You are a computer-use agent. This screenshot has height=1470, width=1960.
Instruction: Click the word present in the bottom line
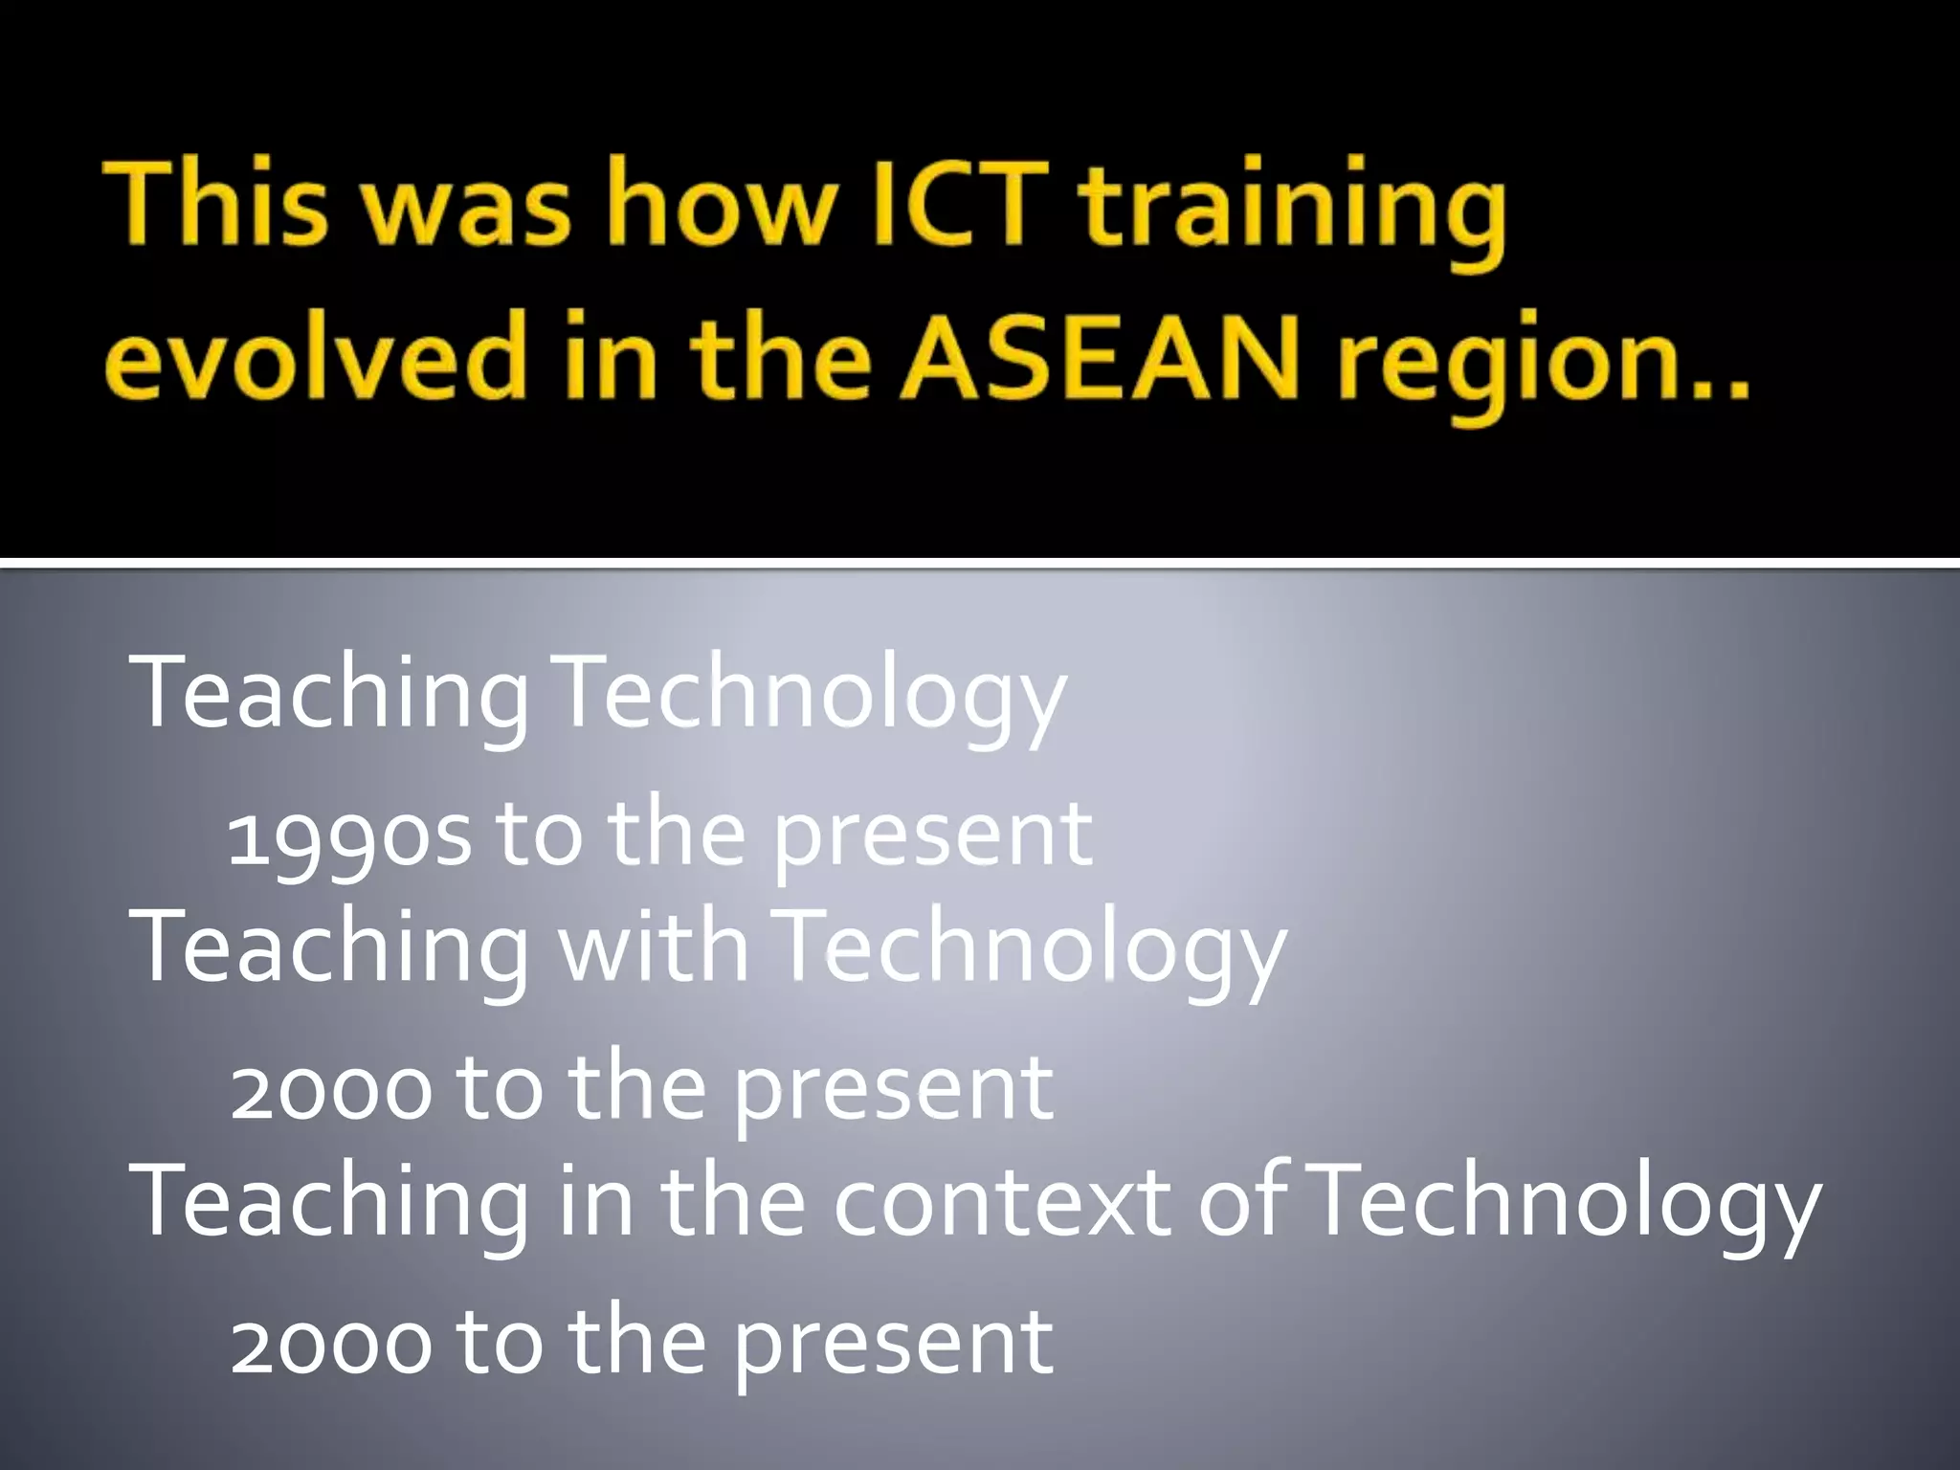894,1344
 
